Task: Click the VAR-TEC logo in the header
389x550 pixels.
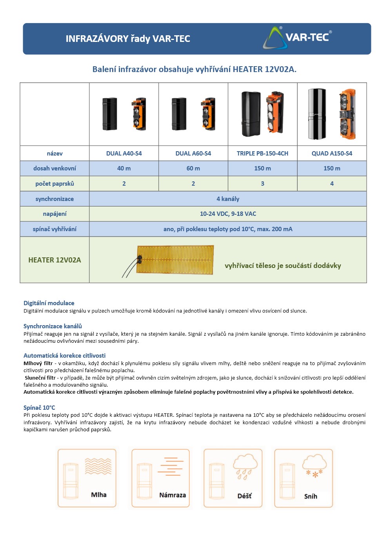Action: click(x=297, y=38)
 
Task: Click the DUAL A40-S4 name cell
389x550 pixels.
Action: click(x=124, y=153)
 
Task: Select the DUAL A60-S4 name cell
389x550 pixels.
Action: click(x=193, y=153)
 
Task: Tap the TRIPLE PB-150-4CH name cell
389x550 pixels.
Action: click(x=262, y=153)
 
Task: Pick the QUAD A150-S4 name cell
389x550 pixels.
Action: click(x=332, y=153)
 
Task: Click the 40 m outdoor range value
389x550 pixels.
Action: click(x=124, y=168)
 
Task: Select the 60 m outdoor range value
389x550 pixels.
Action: click(x=193, y=168)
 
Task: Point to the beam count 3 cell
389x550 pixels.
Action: click(x=262, y=183)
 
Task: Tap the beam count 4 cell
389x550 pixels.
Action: click(x=332, y=183)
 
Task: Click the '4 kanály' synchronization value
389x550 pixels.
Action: click(x=228, y=199)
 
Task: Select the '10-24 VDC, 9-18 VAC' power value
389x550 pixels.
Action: click(x=228, y=214)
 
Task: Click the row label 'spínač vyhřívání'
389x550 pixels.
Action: click(x=55, y=229)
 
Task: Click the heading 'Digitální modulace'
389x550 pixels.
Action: click(x=49, y=303)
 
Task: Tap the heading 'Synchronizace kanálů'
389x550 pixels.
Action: click(x=53, y=326)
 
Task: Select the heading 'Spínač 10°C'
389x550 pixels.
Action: click(x=39, y=407)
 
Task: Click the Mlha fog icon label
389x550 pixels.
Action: click(x=98, y=495)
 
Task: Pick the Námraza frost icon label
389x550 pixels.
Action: click(x=173, y=495)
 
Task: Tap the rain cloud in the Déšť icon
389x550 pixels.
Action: click(x=245, y=463)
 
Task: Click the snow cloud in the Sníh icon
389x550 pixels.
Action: click(x=314, y=462)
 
